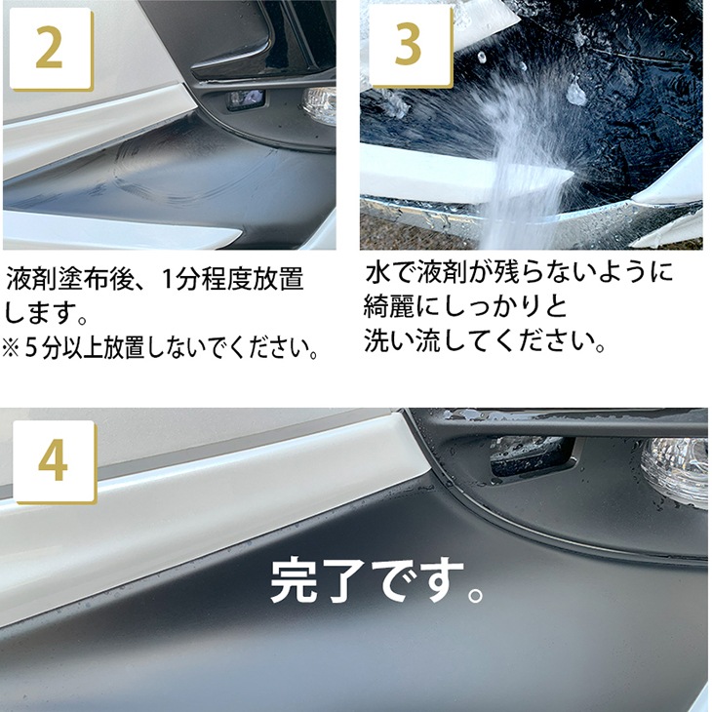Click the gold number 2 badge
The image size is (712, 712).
tap(51, 49)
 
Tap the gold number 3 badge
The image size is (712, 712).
tap(411, 46)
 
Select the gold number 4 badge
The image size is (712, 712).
tap(55, 462)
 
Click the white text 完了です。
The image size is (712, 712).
tap(376, 580)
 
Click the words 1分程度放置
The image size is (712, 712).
tap(232, 279)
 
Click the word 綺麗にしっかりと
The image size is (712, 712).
tap(465, 306)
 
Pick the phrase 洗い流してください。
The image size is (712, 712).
tap(485, 340)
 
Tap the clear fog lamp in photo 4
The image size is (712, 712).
tap(676, 468)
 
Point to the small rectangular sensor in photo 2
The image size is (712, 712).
tap(246, 99)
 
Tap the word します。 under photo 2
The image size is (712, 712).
tap(46, 313)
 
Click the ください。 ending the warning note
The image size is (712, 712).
tap(279, 348)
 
